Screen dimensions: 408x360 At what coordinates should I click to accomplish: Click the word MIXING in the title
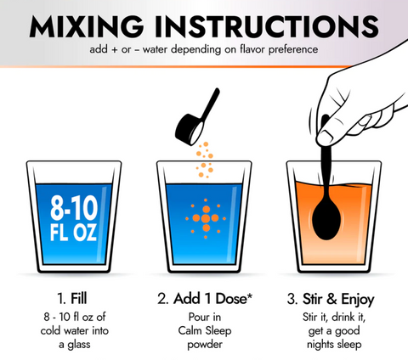pyautogui.click(x=87, y=26)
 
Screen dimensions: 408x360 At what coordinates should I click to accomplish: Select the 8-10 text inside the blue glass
pyautogui.click(x=74, y=208)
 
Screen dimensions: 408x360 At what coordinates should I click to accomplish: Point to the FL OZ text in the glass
pyautogui.click(x=73, y=233)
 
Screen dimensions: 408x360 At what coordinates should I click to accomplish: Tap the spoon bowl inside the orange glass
pyautogui.click(x=326, y=219)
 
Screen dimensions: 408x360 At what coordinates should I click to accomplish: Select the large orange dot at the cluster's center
pyautogui.click(x=206, y=218)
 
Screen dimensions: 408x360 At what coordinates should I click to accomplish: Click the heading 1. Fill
pyautogui.click(x=72, y=299)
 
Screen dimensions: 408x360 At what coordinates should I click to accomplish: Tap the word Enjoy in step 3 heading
pyautogui.click(x=358, y=300)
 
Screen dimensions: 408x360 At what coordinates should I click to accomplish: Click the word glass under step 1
pyautogui.click(x=78, y=345)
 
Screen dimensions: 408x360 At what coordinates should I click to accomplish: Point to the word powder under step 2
pyautogui.click(x=205, y=345)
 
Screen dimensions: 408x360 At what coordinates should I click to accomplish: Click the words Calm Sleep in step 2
pyautogui.click(x=205, y=331)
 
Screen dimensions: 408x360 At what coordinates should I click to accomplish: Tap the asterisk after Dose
pyautogui.click(x=250, y=296)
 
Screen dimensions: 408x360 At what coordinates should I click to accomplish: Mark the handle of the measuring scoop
pyautogui.click(x=211, y=104)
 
